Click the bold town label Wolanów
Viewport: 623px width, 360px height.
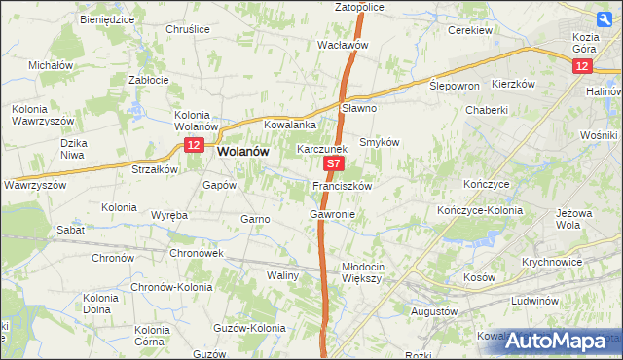(244, 152)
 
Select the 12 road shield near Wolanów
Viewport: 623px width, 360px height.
(193, 145)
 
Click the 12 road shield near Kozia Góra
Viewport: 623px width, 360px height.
(581, 64)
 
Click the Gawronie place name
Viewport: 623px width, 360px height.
(332, 213)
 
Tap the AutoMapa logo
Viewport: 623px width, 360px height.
(562, 341)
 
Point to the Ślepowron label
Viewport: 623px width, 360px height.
(455, 86)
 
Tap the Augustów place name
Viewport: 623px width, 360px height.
(434, 311)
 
